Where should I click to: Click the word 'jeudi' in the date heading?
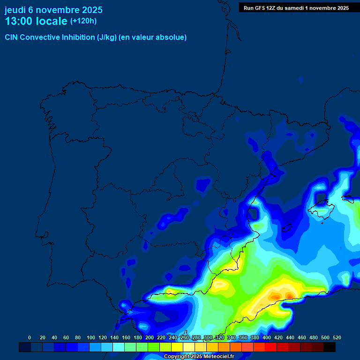point(15,10)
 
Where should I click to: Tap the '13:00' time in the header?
point(18,22)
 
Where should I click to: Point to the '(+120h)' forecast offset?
point(83,21)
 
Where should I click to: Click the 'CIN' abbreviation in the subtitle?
point(12,37)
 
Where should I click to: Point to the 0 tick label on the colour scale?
point(30,337)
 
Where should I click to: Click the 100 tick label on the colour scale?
point(91,337)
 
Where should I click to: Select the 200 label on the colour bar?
point(150,337)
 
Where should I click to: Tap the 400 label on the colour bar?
point(267,337)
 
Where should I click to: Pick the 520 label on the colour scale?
point(337,337)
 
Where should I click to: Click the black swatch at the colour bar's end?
point(330,347)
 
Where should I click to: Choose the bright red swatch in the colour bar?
point(271,347)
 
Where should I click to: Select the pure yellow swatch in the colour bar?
point(177,347)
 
